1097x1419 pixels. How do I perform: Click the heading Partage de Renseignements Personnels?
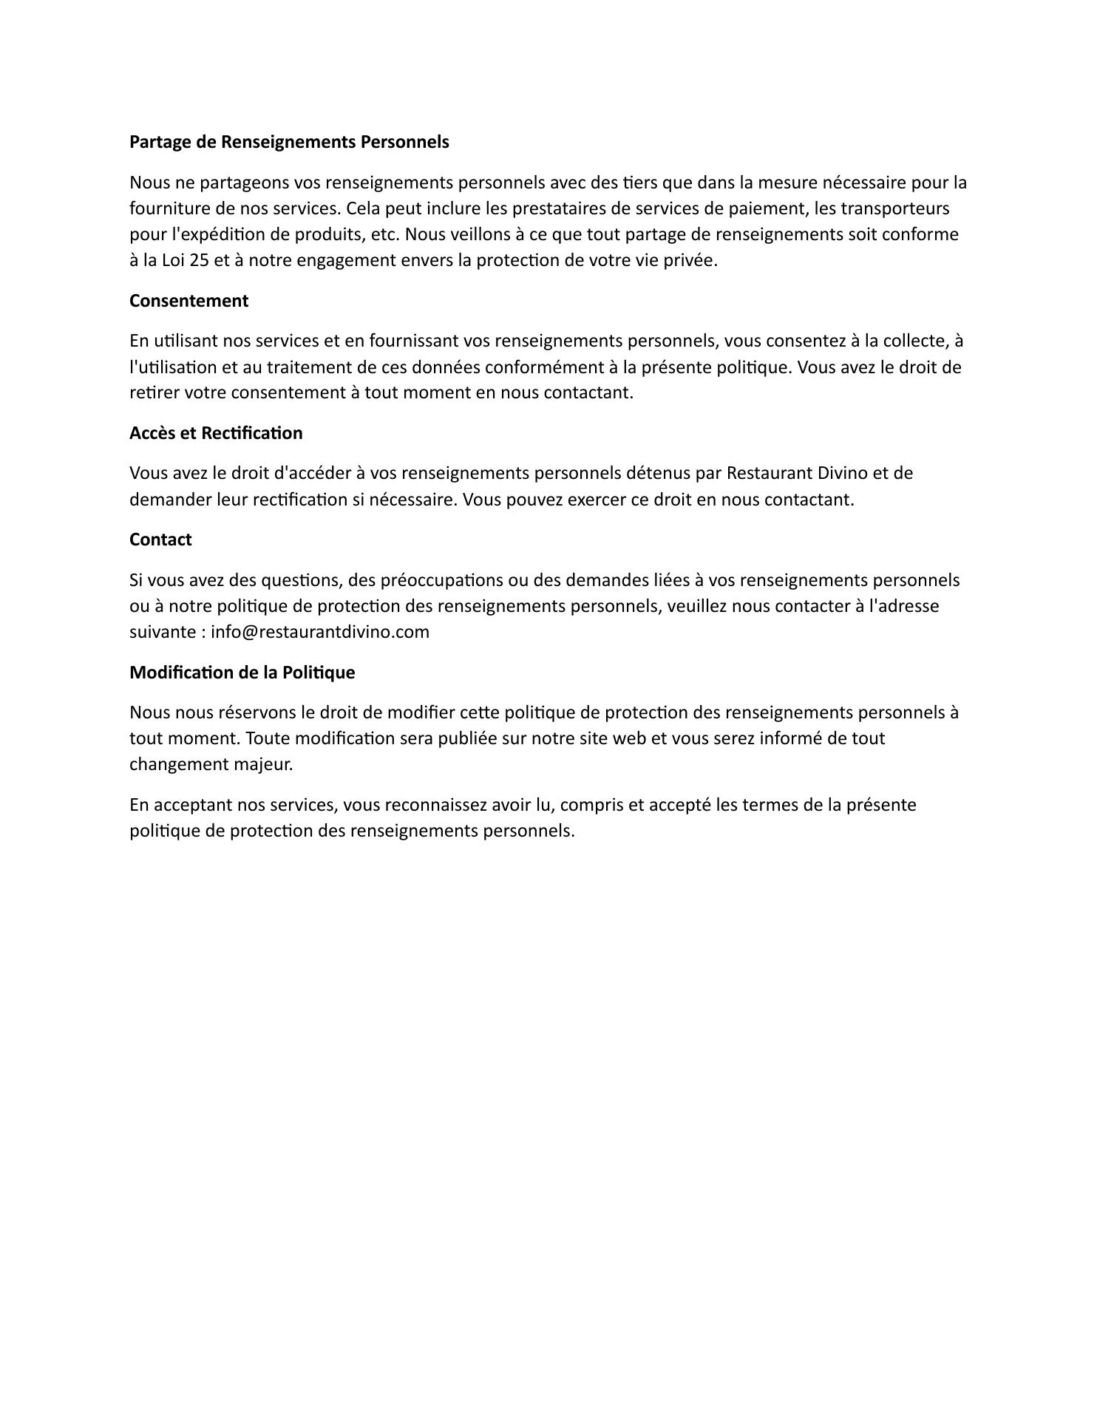click(289, 142)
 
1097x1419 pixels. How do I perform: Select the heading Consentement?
click(189, 301)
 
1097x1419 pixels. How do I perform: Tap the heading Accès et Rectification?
click(216, 433)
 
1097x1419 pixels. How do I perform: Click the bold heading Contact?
click(160, 540)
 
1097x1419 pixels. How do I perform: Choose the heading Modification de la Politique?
click(242, 673)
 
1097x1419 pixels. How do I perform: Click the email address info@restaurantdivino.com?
click(320, 632)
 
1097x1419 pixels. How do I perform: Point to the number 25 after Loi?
click(200, 260)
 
